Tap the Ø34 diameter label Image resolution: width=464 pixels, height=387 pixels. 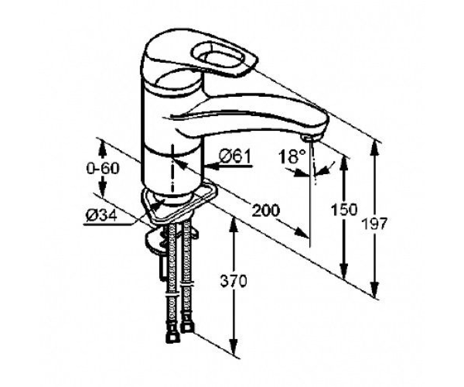101,215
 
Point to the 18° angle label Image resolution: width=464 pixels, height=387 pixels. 292,156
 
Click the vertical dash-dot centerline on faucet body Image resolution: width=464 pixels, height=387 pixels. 172,169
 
